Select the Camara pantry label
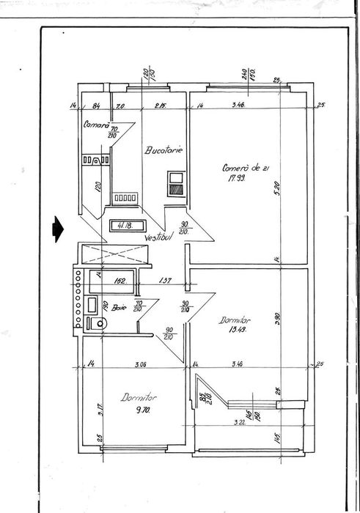pos(96,124)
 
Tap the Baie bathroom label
pos(120,309)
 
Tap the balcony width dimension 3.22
pos(239,423)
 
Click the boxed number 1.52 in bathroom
pos(121,280)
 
